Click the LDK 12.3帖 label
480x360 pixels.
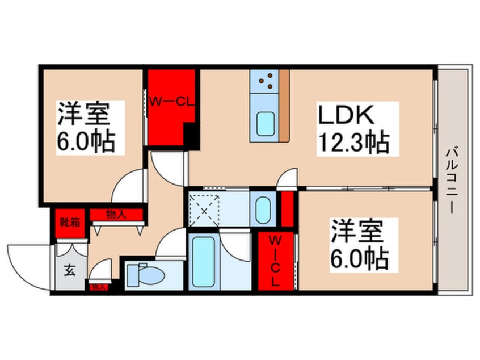click(353, 128)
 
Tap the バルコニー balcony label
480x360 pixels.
click(452, 179)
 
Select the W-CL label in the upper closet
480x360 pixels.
click(172, 102)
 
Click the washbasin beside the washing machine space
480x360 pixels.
click(263, 210)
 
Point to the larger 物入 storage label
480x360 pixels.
click(116, 215)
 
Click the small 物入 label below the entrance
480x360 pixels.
click(99, 287)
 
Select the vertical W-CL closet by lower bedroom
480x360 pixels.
click(275, 262)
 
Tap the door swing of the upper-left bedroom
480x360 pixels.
click(128, 185)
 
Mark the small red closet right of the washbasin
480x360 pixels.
click(287, 209)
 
